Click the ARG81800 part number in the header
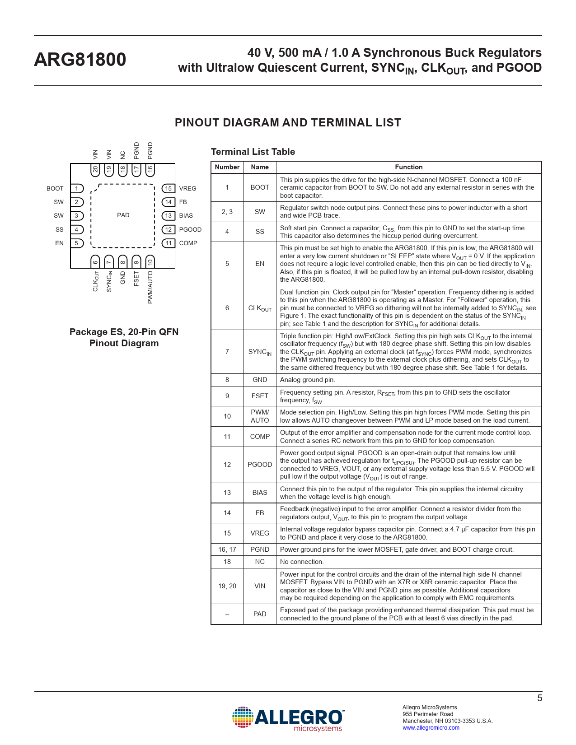80,60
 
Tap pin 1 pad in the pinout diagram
77,188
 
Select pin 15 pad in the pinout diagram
169,188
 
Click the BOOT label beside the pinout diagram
55,188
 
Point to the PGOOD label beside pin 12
190,229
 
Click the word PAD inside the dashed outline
123,215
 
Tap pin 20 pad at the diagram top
95,170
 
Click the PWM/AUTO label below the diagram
150,287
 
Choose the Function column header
408,167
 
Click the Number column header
227,167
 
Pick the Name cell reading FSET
260,396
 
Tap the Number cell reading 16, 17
227,549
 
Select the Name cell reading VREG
260,533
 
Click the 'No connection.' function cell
302,562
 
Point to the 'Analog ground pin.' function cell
307,380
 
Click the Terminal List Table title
253,152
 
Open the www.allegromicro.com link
431,727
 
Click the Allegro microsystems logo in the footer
288,718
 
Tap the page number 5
539,698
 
